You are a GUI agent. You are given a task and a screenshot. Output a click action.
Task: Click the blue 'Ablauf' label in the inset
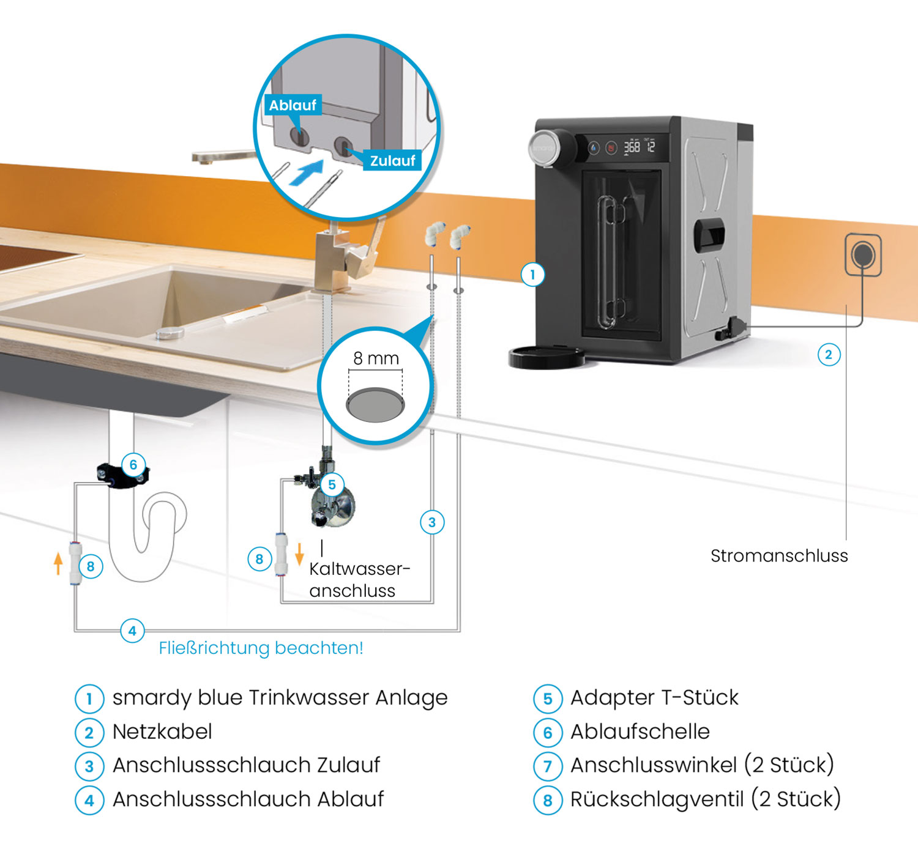(x=293, y=105)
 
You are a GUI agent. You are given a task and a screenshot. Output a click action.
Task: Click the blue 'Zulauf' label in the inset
(x=392, y=161)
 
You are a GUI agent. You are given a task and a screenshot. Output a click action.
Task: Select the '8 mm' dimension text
(x=376, y=358)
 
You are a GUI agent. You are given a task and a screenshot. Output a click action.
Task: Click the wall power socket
(x=863, y=254)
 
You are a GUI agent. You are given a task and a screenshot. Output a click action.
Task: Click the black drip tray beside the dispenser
(x=547, y=357)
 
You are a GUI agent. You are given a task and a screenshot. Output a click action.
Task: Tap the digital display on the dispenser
(x=639, y=147)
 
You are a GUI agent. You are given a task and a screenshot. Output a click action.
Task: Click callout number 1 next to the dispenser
(x=532, y=275)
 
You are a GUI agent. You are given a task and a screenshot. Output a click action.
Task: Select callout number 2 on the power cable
(x=829, y=355)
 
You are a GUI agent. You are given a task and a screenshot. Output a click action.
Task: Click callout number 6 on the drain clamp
(x=133, y=465)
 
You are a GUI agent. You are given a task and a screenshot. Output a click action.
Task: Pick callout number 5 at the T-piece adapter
(x=332, y=485)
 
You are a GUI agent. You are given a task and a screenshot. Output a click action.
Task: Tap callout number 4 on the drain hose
(x=132, y=631)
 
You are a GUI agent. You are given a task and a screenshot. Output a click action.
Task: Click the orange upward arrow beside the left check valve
(x=58, y=563)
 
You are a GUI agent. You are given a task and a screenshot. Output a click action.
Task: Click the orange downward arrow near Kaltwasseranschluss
(x=299, y=554)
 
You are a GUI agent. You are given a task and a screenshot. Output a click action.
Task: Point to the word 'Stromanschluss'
(x=779, y=556)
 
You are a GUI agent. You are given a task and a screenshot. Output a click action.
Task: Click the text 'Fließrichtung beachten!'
(x=261, y=648)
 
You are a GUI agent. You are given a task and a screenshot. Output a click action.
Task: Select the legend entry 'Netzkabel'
(x=162, y=732)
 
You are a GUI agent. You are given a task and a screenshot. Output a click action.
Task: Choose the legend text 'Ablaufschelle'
(x=640, y=732)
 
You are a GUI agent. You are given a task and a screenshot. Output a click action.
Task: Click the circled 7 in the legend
(x=548, y=766)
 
